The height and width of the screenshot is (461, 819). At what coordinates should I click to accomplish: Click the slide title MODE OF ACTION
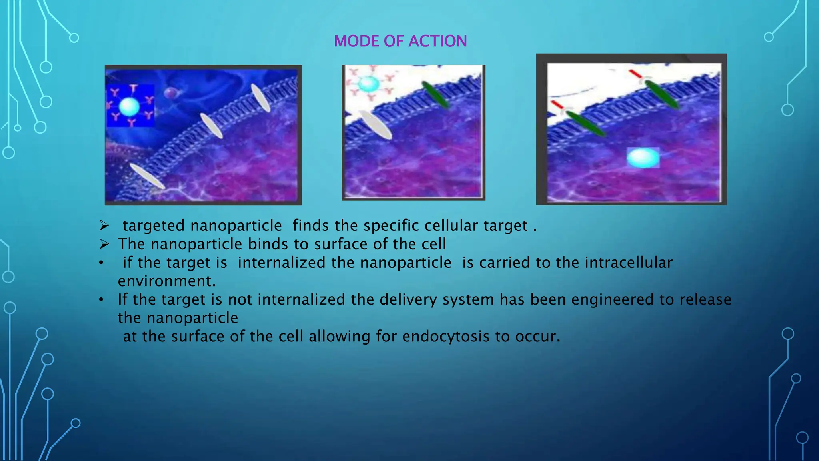(400, 41)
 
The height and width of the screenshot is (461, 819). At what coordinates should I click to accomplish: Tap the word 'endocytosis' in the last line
(445, 336)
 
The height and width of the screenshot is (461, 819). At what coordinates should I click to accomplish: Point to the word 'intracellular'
(628, 263)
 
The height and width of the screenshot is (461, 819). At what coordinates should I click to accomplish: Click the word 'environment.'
(166, 281)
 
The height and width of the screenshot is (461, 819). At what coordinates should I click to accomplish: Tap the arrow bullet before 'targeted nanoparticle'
(104, 226)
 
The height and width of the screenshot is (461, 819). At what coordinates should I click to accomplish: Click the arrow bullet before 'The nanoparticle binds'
(104, 244)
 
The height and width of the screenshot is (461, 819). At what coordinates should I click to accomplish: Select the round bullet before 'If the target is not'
(102, 299)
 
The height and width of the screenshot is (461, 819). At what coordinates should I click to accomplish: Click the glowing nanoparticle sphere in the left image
(129, 106)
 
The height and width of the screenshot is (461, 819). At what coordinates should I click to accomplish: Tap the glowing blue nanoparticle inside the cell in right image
(643, 158)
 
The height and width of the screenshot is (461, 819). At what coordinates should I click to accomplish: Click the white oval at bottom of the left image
(147, 176)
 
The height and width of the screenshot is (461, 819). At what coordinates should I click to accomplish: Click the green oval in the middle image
(435, 94)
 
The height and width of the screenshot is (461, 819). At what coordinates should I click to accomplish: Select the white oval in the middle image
(375, 124)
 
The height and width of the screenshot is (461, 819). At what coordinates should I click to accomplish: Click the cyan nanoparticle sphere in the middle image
(368, 84)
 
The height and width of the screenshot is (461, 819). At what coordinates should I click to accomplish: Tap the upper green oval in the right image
(662, 94)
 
